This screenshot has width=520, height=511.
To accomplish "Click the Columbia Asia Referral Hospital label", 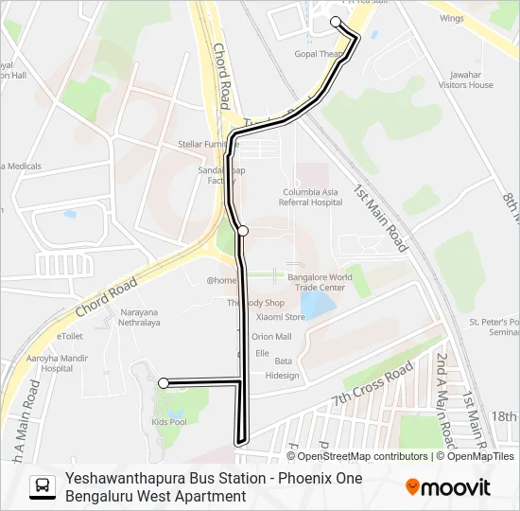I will click(x=311, y=196).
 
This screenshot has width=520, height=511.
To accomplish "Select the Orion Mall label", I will click(x=271, y=336).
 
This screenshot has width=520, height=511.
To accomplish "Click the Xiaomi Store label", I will click(x=283, y=318).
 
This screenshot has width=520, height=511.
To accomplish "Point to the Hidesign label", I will click(x=282, y=376).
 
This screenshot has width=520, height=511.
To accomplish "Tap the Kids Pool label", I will click(x=169, y=420).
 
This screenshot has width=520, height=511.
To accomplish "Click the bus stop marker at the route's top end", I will click(x=336, y=21).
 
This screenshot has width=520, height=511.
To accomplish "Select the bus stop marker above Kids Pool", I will click(x=164, y=383).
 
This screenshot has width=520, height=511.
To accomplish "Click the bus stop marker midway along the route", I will click(x=243, y=231).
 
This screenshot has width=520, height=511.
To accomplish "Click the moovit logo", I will click(x=448, y=487).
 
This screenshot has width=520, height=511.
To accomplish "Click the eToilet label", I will click(x=71, y=336).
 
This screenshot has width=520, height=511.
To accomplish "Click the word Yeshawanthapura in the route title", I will click(x=120, y=479).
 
